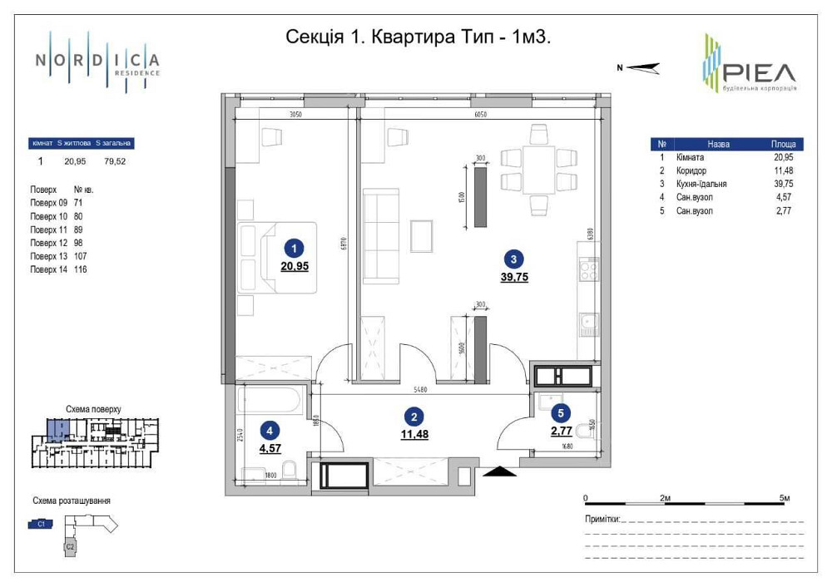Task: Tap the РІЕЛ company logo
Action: point(749,64)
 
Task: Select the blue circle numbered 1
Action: point(292,247)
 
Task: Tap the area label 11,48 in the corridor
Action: point(414,434)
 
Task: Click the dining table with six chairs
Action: point(538,169)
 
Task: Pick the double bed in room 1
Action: point(277,257)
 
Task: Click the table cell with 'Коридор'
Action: point(692,170)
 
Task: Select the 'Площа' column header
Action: point(782,144)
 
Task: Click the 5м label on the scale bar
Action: point(784,497)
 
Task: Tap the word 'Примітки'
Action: point(602,519)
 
